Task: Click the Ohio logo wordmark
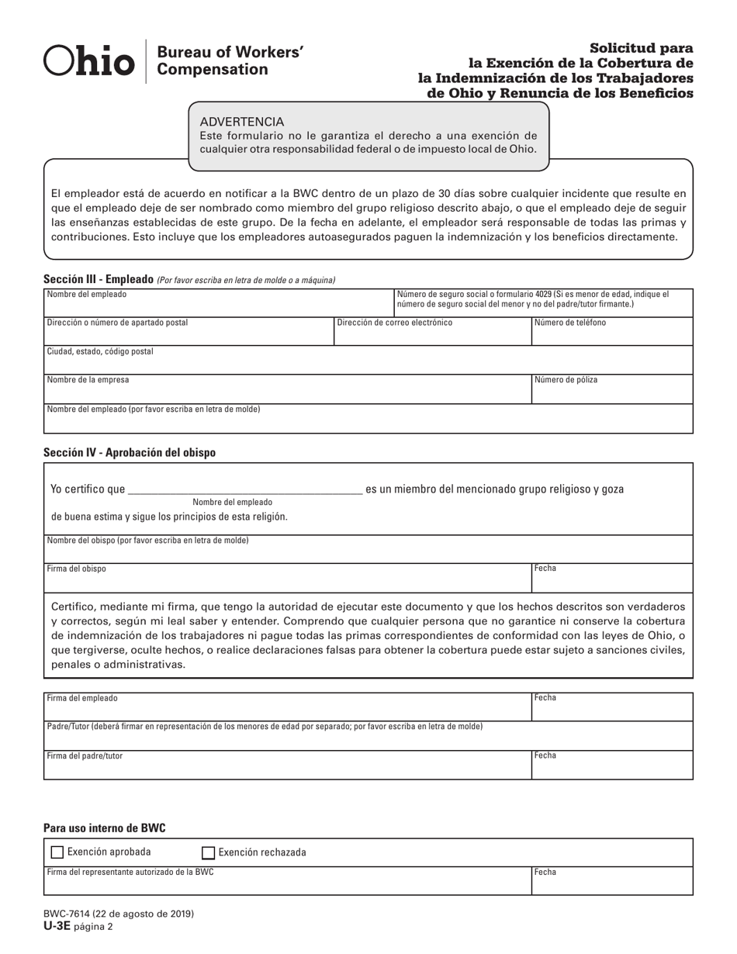tap(88, 61)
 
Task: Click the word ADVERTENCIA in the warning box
tap(242, 122)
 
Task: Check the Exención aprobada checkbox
tap(57, 852)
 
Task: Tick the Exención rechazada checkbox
tap(208, 853)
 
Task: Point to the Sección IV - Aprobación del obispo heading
tap(130, 452)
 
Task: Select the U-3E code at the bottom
tap(57, 925)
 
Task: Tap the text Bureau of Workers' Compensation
tap(230, 61)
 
